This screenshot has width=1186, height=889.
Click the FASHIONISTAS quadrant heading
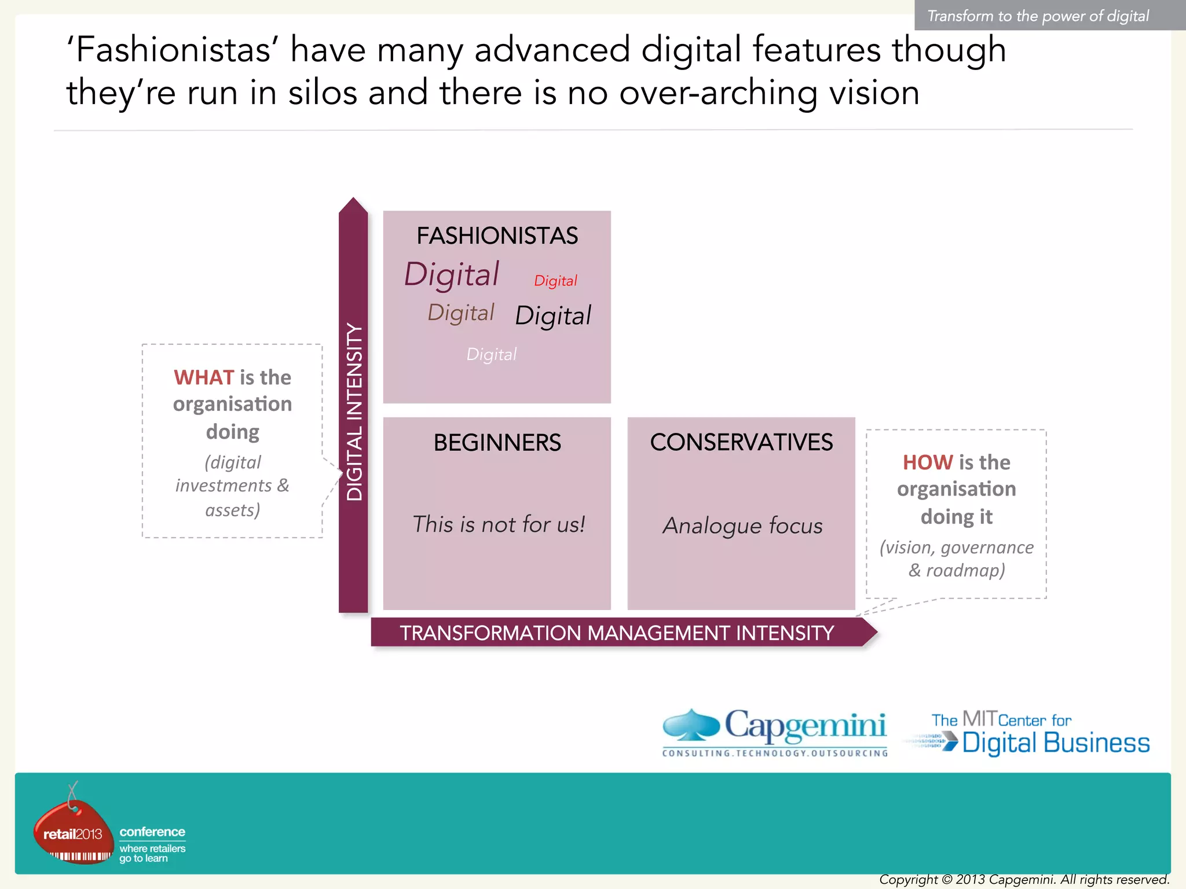[x=497, y=236]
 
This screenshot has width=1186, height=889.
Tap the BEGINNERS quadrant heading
[x=497, y=443]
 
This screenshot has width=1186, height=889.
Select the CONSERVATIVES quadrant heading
[x=741, y=442]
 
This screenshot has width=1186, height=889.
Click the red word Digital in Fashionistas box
[x=555, y=281]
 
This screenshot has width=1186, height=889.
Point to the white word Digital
[x=491, y=354]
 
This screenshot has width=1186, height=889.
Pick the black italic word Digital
[x=553, y=316]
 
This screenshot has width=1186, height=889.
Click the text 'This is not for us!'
[x=498, y=524]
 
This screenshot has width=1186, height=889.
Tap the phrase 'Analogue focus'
[x=742, y=526]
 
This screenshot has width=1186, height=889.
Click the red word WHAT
[x=204, y=377]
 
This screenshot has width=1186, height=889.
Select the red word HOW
[x=928, y=462]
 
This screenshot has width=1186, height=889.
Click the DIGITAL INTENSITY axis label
[x=354, y=411]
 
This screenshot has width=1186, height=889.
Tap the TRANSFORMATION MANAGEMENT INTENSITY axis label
[x=617, y=633]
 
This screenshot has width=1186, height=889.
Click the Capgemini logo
[x=775, y=733]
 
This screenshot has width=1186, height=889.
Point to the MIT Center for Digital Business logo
[x=1028, y=734]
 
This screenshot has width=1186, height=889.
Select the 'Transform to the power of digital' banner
[x=1038, y=16]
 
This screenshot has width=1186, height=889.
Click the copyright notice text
[x=1024, y=880]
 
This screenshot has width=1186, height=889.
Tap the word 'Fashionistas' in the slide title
[x=173, y=50]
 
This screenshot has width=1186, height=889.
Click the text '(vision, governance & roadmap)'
[x=957, y=559]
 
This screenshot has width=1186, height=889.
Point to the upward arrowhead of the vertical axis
[x=353, y=205]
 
